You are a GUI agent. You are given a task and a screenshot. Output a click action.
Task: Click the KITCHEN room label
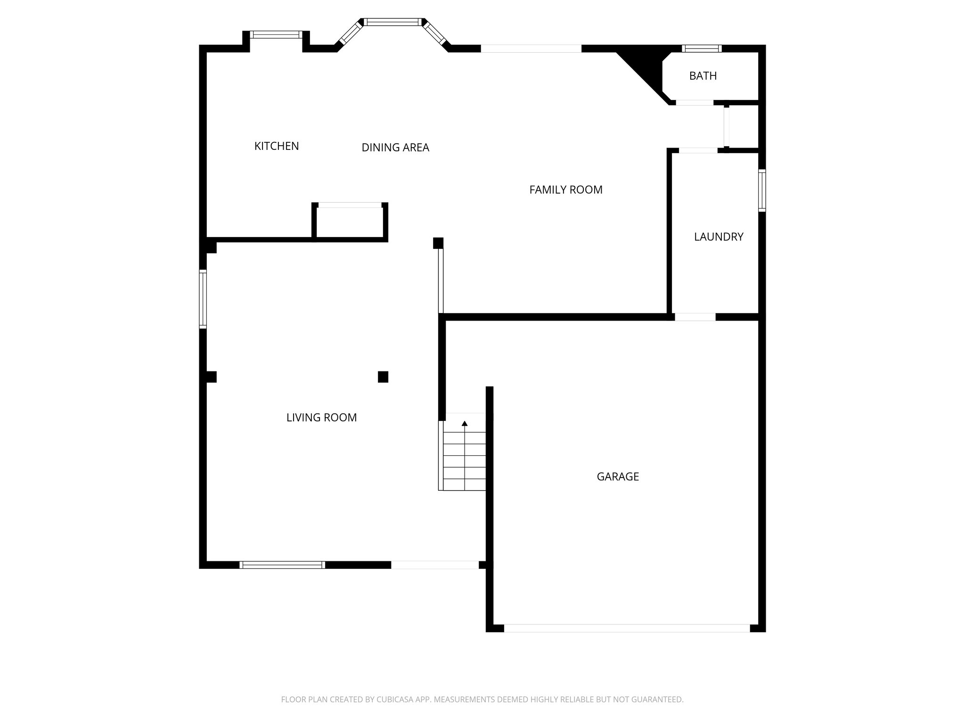coord(277,146)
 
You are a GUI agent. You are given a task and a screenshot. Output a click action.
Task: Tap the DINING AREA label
coord(395,148)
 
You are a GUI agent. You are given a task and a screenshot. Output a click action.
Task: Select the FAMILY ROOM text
coord(565,189)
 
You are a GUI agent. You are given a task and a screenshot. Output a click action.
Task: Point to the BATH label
coord(703,76)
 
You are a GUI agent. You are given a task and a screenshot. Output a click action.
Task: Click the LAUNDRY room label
coord(719,237)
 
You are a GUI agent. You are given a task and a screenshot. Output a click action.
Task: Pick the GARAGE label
coord(618,477)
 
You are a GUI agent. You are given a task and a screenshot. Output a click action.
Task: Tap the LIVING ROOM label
coord(321,418)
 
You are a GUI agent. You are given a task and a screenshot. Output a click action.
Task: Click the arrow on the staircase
coord(465,424)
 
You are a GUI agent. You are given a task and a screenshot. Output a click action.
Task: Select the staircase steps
coord(465,462)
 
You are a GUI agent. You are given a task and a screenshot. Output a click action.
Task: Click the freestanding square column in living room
coord(383,377)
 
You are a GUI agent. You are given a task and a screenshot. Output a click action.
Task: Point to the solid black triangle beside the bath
coord(646,66)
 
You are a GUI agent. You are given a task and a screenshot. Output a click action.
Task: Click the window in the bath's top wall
coord(702,49)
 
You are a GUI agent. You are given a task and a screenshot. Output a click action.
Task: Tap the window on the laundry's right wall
coord(761,190)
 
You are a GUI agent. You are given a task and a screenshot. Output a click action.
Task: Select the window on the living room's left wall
coord(203,299)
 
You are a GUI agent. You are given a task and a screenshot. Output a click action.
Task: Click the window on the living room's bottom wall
coord(282,565)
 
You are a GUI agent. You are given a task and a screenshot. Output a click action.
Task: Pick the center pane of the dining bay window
coord(393,22)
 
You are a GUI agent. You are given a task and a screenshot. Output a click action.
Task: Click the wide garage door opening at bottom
coord(627,628)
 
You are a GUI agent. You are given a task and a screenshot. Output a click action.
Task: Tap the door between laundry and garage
coord(695,317)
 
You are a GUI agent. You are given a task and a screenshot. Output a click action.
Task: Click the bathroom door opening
coord(695,102)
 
